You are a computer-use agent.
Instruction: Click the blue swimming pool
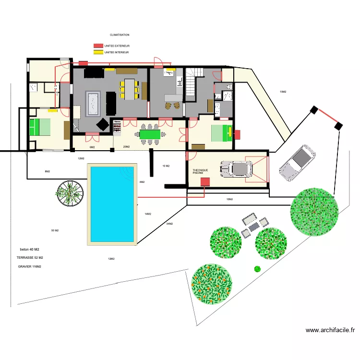pyautogui.click(x=112, y=204)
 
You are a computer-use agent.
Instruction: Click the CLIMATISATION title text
pyautogui.click(x=120, y=35)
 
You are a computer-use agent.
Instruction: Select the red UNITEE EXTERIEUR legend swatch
pyautogui.click(x=98, y=46)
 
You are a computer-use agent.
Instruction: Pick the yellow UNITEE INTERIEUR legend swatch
pyautogui.click(x=98, y=52)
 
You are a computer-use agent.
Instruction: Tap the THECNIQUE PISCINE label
pyautogui.click(x=198, y=171)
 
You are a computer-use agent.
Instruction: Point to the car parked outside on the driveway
pyautogui.click(x=297, y=163)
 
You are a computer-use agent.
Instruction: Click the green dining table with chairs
pyautogui.click(x=150, y=134)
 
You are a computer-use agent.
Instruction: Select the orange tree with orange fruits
pyautogui.click(x=212, y=284)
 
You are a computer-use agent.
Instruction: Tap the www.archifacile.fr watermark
pyautogui.click(x=331, y=330)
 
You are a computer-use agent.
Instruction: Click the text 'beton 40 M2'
pyautogui.click(x=30, y=250)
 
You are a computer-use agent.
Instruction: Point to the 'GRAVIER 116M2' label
pyautogui.click(x=30, y=266)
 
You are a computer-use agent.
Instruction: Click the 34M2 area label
pyautogui.click(x=169, y=224)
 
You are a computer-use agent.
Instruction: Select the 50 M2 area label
pyautogui.click(x=55, y=231)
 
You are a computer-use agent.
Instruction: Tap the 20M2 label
pyautogui.click(x=126, y=147)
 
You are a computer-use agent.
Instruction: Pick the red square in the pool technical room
pyautogui.click(x=205, y=182)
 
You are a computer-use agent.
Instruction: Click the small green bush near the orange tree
pyautogui.click(x=257, y=269)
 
